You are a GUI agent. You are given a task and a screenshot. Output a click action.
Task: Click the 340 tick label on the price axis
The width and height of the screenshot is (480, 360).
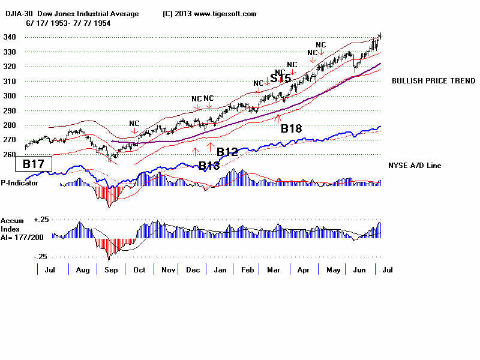[9, 37]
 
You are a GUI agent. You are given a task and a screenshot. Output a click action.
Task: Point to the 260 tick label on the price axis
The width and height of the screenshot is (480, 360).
[9, 154]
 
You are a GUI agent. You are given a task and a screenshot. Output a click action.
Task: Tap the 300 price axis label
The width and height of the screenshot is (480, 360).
[9, 96]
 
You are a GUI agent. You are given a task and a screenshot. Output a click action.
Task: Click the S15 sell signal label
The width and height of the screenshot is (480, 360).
[280, 79]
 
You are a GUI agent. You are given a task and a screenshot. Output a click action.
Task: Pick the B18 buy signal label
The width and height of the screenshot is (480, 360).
[291, 127]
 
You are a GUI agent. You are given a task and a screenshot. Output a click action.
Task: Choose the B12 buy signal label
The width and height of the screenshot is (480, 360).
[228, 152]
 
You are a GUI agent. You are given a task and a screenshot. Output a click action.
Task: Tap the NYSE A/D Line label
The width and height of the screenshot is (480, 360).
[415, 165]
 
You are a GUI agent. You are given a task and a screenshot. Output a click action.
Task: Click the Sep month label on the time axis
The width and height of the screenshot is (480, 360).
[111, 271]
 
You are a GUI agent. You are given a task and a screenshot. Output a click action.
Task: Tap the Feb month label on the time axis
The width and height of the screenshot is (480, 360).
[247, 271]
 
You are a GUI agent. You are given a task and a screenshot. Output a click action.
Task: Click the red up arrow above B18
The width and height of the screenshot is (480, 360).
[277, 118]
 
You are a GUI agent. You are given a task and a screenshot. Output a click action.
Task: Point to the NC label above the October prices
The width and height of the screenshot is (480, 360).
[134, 123]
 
